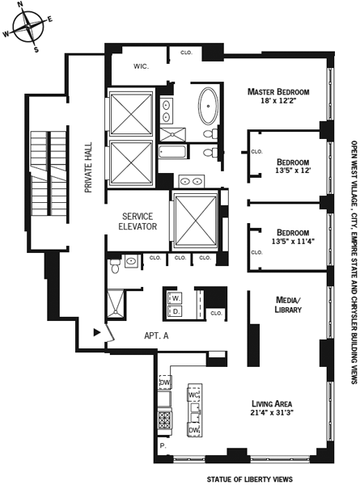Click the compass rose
28,26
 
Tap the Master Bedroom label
278,92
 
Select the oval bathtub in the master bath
208,106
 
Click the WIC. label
141,66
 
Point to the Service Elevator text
138,221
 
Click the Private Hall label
88,167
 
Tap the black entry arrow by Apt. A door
97,332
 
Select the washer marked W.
176,298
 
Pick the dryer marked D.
176,311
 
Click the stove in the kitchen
164,420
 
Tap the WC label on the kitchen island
194,394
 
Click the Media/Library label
288,305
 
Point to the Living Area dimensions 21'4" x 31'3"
272,412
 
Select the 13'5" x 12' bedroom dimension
293,170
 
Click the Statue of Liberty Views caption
249,479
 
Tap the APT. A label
156,335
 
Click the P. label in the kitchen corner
163,445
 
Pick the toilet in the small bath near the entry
115,266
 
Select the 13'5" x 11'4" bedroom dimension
293,241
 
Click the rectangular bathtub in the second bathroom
172,152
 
